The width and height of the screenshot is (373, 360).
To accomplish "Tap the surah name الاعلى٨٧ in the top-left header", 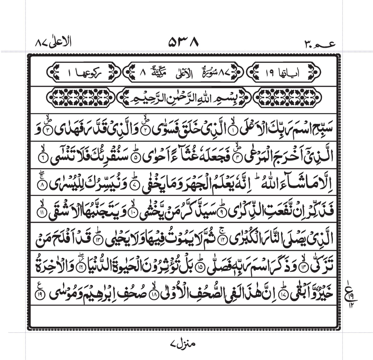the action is (x=53, y=43).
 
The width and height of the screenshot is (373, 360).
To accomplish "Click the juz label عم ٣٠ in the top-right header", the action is (x=319, y=44).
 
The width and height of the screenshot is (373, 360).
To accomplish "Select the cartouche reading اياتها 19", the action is (x=285, y=73).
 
